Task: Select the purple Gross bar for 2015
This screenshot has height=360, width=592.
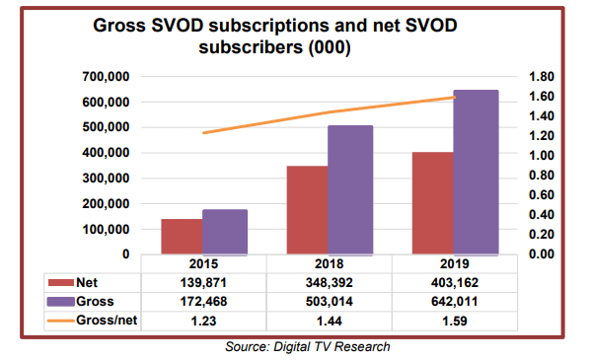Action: (x=226, y=232)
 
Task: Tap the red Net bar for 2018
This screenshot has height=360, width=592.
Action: (x=308, y=210)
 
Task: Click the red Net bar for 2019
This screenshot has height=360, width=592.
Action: (x=432, y=203)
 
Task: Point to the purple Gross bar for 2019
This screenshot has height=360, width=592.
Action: (x=476, y=172)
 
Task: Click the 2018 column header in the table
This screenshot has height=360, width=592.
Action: (x=330, y=265)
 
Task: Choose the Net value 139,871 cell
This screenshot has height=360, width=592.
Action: (x=204, y=283)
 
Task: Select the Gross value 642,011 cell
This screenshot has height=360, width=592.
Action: (x=455, y=302)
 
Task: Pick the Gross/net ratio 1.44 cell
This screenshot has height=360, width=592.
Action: (x=330, y=321)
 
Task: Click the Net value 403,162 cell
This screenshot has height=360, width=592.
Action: (x=455, y=283)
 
